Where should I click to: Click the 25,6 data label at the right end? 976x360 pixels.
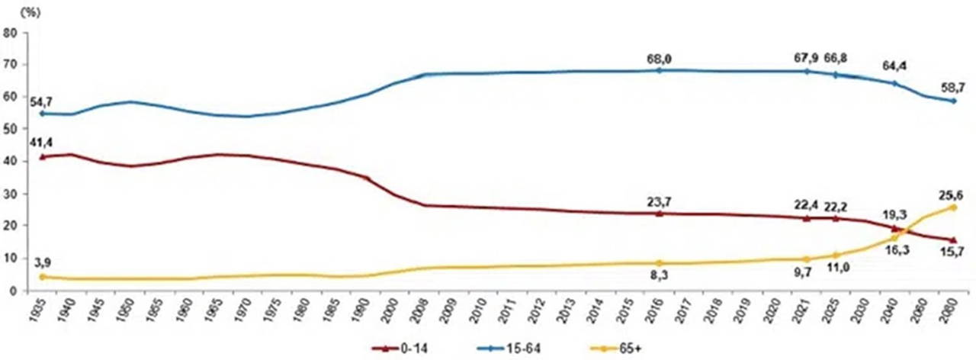pyautogui.click(x=951, y=194)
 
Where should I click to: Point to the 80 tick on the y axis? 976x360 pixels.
pyautogui.click(x=11, y=33)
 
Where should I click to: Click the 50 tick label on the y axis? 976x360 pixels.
pyautogui.click(x=11, y=130)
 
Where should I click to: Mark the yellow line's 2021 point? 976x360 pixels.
pyautogui.click(x=806, y=259)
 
